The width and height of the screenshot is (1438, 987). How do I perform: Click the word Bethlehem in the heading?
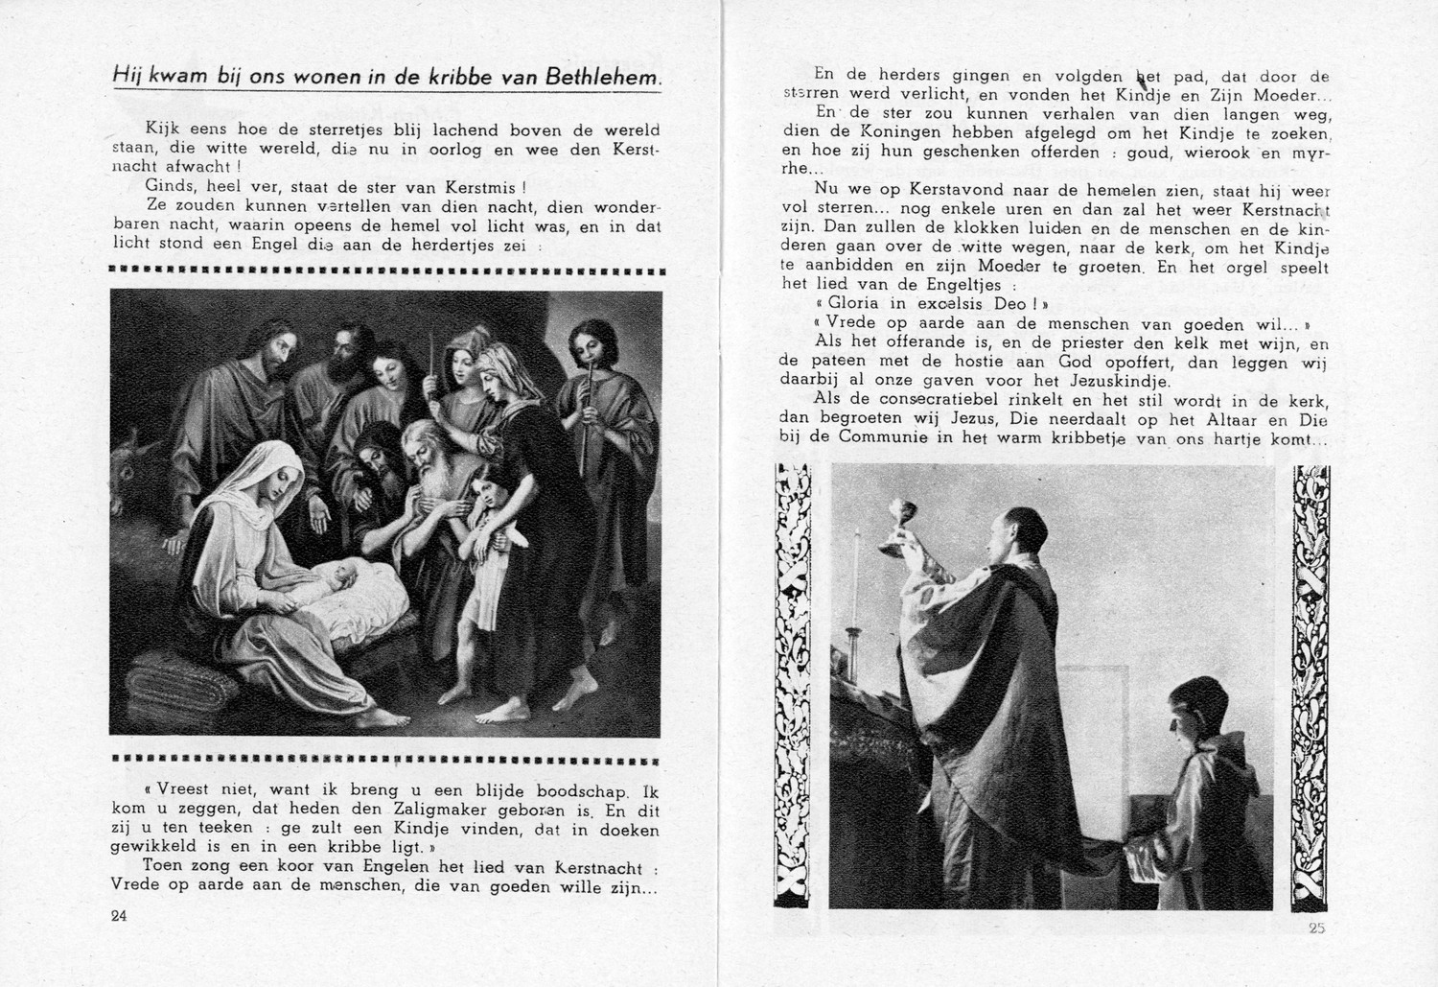click(604, 77)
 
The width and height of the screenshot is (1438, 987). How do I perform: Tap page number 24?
click(119, 915)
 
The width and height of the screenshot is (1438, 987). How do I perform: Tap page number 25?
click(1314, 928)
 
